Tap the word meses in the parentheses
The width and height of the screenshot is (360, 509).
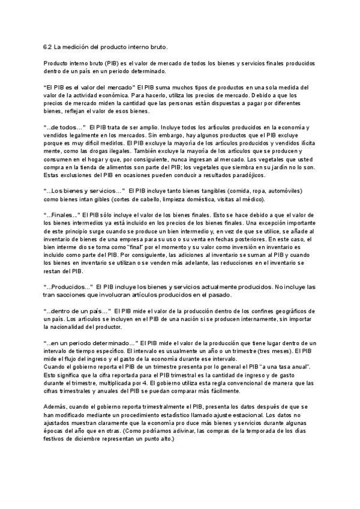click(279, 351)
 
